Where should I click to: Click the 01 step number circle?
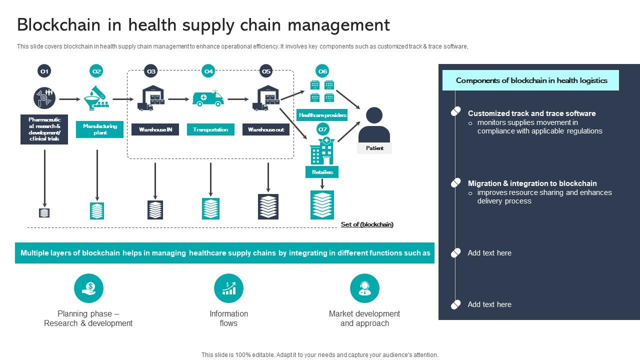coord(44,71)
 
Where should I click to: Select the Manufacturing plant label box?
coord(99,129)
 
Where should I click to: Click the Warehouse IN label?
coord(155,129)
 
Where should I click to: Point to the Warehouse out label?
coord(266,129)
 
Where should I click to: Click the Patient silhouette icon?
coord(374,125)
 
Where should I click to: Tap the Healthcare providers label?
coord(322,115)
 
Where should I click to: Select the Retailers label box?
coord(322,172)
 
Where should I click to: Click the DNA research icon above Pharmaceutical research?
coord(44,98)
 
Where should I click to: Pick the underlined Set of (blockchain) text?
coord(367,224)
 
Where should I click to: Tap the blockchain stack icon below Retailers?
coord(322,205)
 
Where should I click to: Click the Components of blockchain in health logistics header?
coord(531,80)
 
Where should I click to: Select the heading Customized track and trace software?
coord(531,113)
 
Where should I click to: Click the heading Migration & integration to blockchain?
coord(532,183)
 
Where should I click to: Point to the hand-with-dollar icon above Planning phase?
coord(88,288)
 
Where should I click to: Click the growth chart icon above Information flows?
coord(228,288)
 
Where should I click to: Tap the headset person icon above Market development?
coord(364,288)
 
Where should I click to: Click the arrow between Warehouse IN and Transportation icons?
coord(178,99)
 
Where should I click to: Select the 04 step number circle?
coord(208,71)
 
